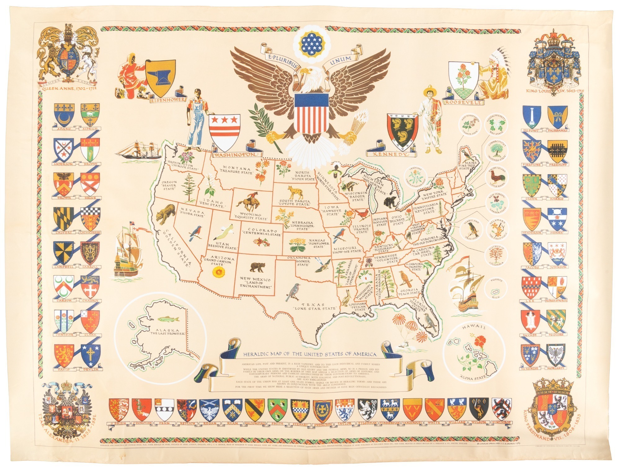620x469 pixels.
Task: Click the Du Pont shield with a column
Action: coord(532,117)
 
